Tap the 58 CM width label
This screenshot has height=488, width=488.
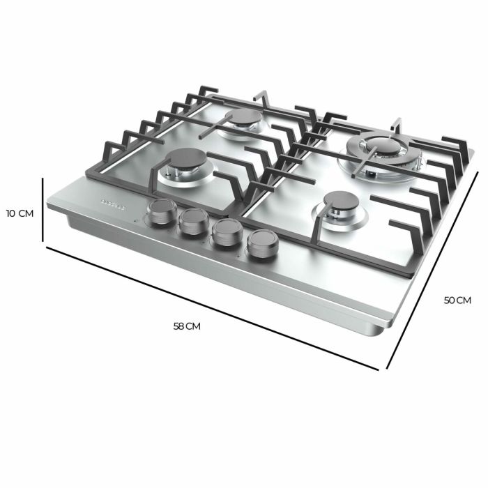coord(187,326)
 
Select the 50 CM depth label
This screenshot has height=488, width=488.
coord(457,300)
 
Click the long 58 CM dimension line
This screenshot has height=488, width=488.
coord(209,306)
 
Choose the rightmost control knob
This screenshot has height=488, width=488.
coord(260,244)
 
